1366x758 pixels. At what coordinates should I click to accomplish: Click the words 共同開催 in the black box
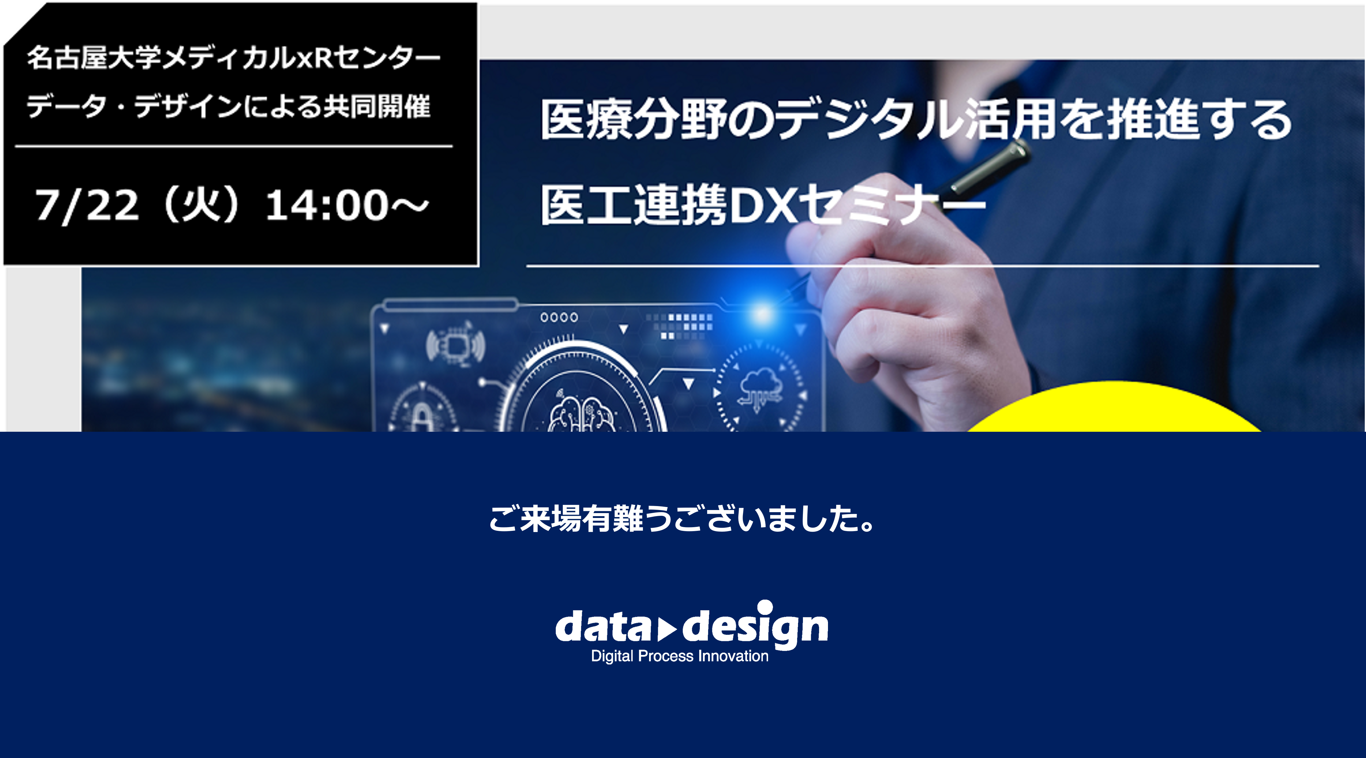tap(377, 106)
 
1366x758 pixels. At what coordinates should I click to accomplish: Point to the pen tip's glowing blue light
tap(762, 314)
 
